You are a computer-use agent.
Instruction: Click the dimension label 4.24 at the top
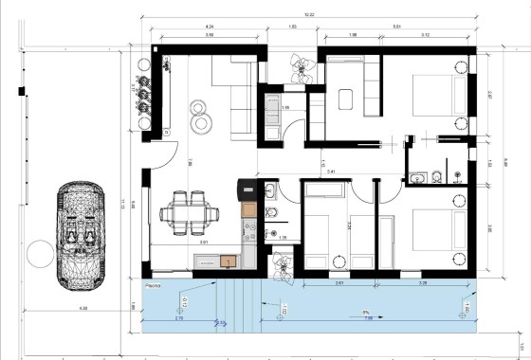tap(209, 27)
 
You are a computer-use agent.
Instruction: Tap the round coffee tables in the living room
tap(202, 115)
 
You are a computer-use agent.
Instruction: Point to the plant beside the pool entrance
tap(282, 264)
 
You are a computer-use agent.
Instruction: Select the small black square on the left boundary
tap(20, 90)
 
